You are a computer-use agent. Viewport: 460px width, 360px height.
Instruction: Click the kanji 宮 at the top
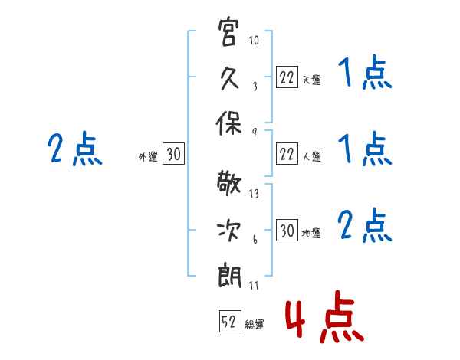tap(228, 31)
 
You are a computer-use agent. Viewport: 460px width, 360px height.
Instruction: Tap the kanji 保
tap(228, 123)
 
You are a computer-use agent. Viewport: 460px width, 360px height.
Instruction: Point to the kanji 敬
tap(228, 183)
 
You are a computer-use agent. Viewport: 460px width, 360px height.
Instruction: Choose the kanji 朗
tap(229, 276)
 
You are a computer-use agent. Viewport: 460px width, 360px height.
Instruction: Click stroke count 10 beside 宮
tap(254, 40)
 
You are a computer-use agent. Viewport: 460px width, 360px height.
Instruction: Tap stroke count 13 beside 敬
tap(254, 194)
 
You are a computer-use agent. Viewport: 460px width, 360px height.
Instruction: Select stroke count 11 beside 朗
tap(254, 285)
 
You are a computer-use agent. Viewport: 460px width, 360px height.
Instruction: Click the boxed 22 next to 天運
tap(287, 77)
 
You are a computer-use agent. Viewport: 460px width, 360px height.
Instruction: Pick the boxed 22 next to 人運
tap(287, 154)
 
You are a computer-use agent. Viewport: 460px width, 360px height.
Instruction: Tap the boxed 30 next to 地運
tap(287, 230)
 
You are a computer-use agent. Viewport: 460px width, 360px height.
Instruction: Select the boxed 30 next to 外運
tap(173, 153)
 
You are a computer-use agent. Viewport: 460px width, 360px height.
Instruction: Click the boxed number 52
tap(230, 321)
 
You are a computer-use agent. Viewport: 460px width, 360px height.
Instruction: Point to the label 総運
tap(255, 325)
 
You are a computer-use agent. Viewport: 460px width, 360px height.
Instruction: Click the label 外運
tap(148, 156)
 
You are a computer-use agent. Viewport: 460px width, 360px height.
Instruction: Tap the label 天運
tap(312, 80)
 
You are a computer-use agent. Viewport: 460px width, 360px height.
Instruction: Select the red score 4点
tap(325, 316)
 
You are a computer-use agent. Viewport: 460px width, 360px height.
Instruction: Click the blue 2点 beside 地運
tap(365, 225)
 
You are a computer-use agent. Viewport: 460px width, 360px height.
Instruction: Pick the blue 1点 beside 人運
tap(365, 149)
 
